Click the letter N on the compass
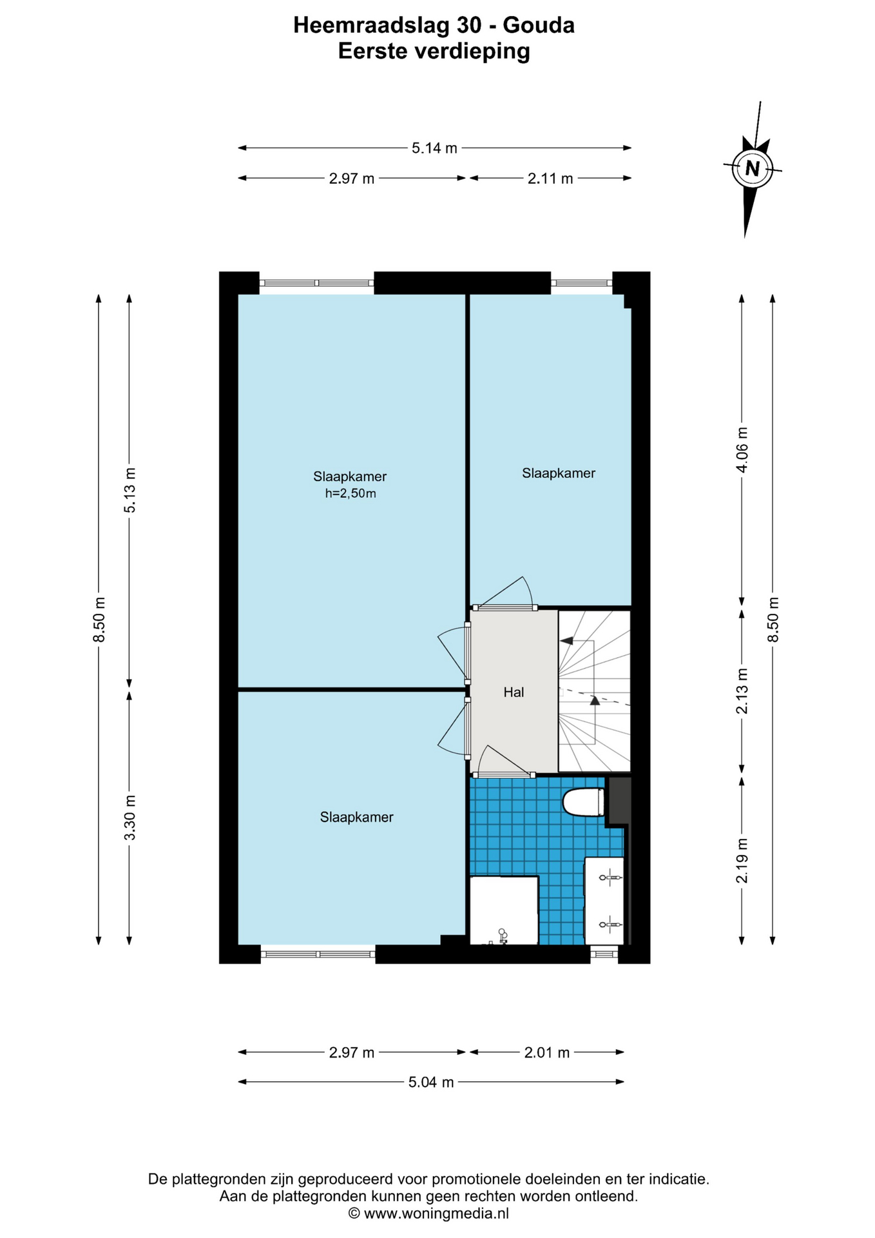tap(752, 169)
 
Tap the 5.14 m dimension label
tap(434, 148)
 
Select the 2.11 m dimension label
tap(550, 179)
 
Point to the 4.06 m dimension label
tap(742, 449)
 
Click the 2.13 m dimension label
tap(742, 691)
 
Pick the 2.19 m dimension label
tap(742, 861)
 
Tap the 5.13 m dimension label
tap(130, 490)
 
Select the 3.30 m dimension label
tap(130, 818)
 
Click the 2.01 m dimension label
tap(547, 1053)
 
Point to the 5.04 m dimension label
tap(431, 1083)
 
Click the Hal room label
tap(514, 693)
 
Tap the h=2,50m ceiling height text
tap(351, 494)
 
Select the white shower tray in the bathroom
tap(504, 910)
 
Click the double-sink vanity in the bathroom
tap(604, 901)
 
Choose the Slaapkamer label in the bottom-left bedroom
tap(356, 818)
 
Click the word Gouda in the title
tap(539, 25)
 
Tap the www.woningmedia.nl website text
tap(436, 1213)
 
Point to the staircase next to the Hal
tap(594, 691)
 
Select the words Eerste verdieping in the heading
tap(434, 51)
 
